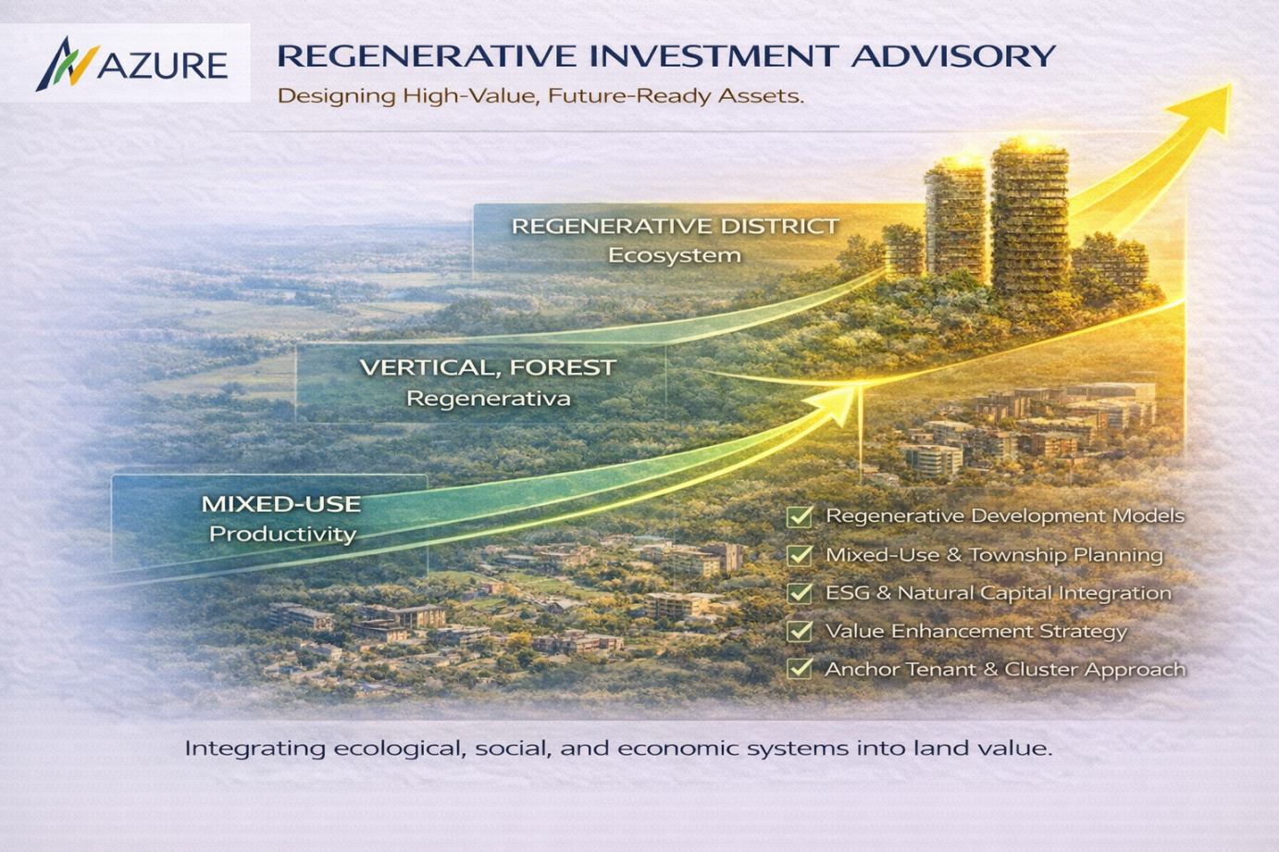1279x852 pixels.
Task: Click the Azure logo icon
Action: click(x=68, y=64)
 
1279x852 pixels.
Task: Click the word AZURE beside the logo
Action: click(x=163, y=65)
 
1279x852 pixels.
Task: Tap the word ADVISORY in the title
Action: click(x=953, y=56)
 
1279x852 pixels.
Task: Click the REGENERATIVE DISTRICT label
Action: click(x=675, y=226)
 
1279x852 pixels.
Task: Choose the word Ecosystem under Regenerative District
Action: click(x=675, y=255)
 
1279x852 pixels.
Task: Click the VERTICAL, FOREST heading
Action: click(x=488, y=367)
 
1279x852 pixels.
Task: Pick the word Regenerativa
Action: click(x=489, y=399)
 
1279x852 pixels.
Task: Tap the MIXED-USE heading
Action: click(x=281, y=504)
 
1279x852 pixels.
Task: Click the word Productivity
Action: click(x=282, y=534)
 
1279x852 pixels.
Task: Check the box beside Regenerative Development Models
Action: click(x=800, y=516)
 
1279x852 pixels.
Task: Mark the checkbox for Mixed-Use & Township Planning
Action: click(x=800, y=555)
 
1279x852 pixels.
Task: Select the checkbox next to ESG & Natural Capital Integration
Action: click(x=800, y=593)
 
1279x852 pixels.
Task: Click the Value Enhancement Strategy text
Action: click(x=976, y=631)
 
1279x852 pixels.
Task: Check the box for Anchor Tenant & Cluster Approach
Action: click(x=800, y=668)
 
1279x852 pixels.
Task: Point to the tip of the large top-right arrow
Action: click(x=1231, y=85)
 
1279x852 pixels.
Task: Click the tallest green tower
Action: click(x=1029, y=216)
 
